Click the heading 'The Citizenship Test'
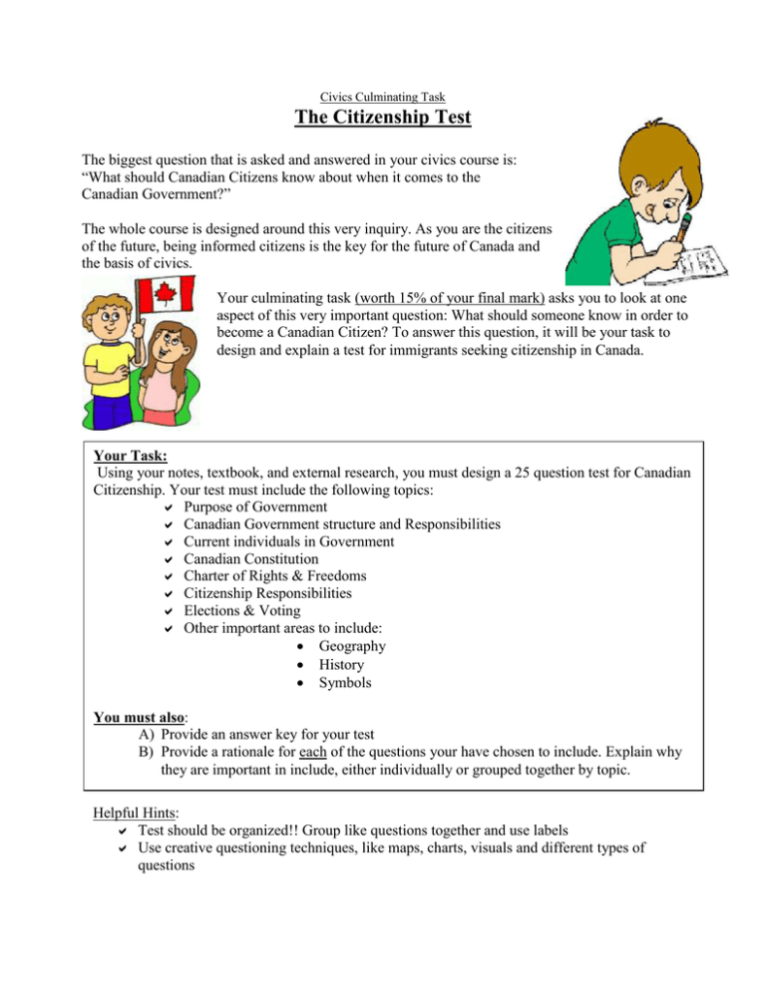tap(383, 121)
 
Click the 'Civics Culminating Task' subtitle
tap(383, 98)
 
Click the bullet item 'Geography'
tap(352, 646)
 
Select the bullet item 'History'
tap(341, 664)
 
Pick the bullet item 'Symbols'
tap(345, 683)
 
